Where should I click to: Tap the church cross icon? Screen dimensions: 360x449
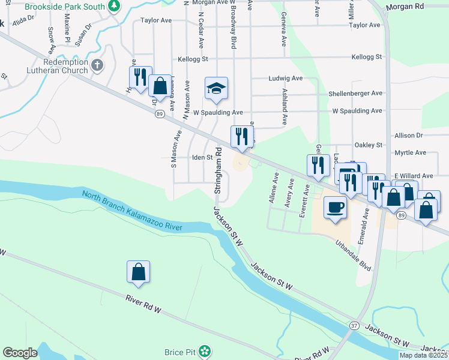98,64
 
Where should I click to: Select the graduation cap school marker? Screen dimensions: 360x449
216,89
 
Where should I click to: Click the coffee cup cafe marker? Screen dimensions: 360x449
335,208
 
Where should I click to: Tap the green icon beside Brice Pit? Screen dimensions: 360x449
205,350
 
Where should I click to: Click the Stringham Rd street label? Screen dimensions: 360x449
218,170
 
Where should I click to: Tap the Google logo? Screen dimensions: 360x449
20,353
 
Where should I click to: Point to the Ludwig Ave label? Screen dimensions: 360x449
285,79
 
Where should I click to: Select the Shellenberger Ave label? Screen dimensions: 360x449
355,94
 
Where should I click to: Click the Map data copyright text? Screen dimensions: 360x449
424,355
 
